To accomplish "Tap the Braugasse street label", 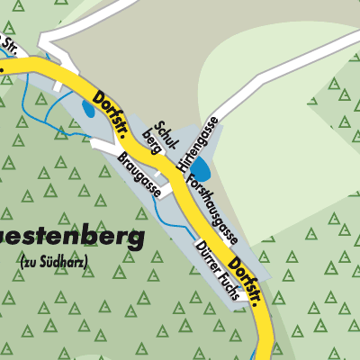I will [x=139, y=174].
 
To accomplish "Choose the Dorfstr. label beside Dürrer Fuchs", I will [x=248, y=282].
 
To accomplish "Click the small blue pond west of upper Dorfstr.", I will [x=88, y=107].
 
